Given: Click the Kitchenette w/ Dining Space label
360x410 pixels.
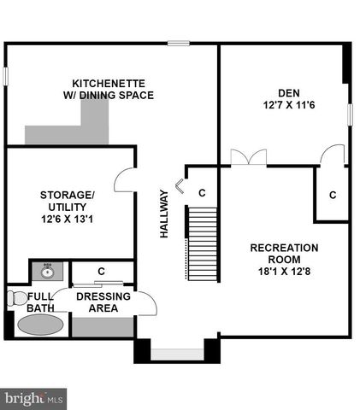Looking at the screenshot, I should click(113, 89).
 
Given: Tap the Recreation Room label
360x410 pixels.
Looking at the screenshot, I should click(284, 254).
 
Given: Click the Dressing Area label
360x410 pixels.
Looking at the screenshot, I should click(103, 302).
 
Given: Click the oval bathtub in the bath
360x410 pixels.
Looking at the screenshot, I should click(40, 325).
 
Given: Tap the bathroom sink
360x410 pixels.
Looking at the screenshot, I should click(46, 271).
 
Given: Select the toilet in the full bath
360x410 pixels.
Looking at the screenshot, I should click(18, 298).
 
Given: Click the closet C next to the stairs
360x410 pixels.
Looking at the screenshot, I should click(202, 193).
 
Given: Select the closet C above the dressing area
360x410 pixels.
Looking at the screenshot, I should click(101, 271).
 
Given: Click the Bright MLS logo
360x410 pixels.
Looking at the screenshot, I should click(35, 397).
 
